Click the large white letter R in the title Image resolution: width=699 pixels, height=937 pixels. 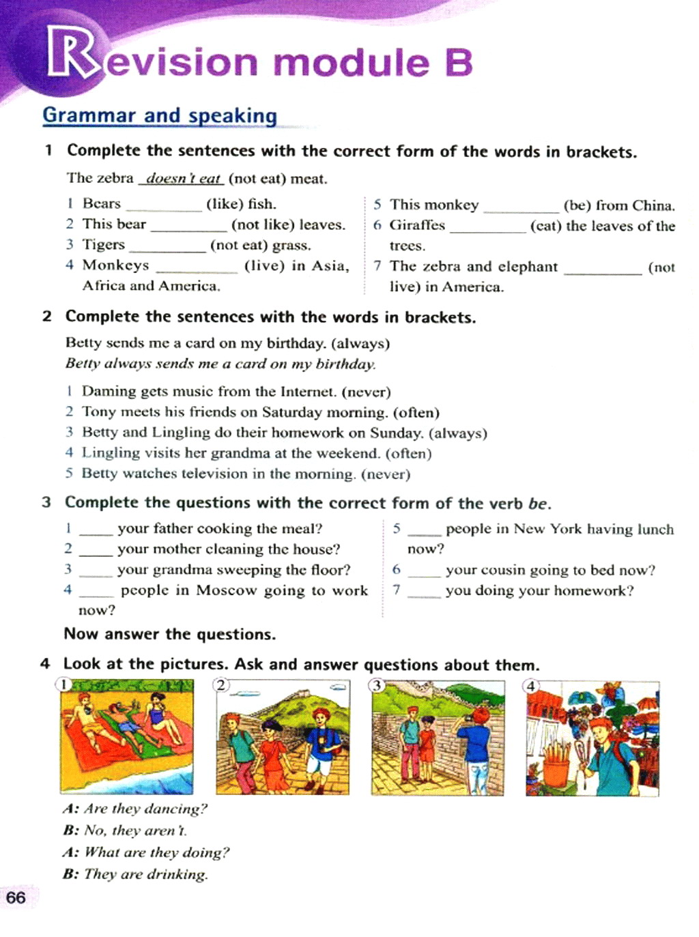70,55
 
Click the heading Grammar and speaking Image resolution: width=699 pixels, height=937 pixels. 160,115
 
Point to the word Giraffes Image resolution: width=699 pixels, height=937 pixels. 417,225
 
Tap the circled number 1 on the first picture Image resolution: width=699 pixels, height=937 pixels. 63,684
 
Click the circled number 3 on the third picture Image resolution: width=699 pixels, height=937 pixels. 376,685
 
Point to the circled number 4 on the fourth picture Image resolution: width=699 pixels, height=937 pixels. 531,686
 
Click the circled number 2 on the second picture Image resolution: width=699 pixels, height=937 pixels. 221,684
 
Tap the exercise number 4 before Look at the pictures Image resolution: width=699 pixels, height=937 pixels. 45,664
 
